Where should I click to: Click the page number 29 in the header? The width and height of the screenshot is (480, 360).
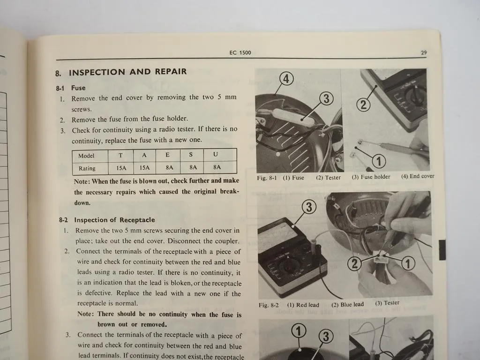pos(423,53)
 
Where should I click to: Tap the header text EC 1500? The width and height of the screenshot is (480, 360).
pos(240,52)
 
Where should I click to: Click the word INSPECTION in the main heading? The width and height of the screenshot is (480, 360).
pos(97,72)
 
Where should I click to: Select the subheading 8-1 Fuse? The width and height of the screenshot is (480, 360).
pos(71,88)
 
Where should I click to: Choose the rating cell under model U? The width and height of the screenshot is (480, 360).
pos(217,167)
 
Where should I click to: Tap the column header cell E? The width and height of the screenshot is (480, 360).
pos(167,155)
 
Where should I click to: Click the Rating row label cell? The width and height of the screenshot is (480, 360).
pos(87,168)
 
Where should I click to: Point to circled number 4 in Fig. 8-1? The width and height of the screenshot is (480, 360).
pos(286,78)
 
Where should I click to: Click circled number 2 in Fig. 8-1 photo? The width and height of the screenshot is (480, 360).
pos(363,105)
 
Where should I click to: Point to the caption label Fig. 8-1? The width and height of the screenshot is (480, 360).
pos(268,178)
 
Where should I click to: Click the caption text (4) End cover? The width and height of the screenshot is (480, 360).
pos(417,177)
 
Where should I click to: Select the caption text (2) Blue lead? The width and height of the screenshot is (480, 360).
pos(347,305)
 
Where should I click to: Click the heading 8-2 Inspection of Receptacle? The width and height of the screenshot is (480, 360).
pos(107,220)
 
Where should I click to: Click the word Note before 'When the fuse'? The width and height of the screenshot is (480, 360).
pos(82,181)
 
